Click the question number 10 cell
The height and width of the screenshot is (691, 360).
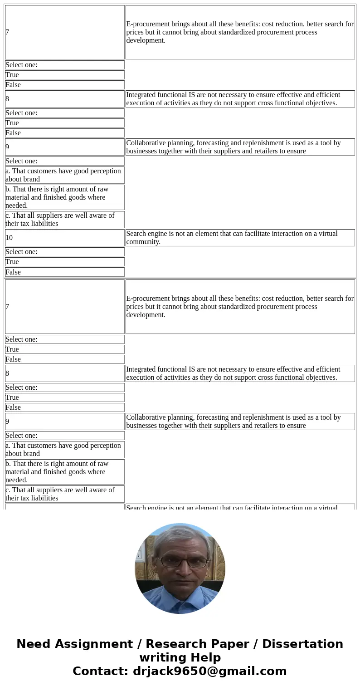pos(64,238)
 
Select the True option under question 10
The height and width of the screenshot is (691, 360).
pos(64,262)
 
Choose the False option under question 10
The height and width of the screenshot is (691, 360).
pos(64,272)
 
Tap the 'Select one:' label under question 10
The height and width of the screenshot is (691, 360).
pos(64,252)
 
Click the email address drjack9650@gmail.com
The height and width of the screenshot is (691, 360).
pos(209,671)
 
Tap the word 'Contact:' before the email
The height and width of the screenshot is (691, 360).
pos(101,671)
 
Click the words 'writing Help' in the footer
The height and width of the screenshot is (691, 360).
pos(180,658)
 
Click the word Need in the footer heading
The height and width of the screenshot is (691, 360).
pos(32,644)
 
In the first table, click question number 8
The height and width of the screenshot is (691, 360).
pos(64,99)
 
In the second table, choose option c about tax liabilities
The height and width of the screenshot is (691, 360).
pos(64,494)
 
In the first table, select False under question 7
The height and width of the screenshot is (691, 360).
pos(64,85)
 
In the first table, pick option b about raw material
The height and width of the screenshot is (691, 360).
pos(64,197)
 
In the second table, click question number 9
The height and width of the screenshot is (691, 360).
pos(64,421)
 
